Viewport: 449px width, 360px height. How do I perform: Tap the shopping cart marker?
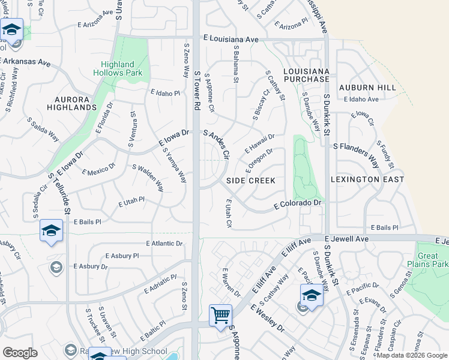point(220,315)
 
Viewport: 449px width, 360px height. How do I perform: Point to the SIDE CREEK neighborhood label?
point(251,181)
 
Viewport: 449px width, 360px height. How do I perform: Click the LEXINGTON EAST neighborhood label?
point(367,179)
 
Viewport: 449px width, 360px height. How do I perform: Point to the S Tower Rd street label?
point(197,89)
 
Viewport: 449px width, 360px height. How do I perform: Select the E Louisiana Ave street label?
point(231,39)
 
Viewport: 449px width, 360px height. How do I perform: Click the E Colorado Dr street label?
point(298,205)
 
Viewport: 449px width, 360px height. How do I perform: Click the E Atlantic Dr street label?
point(164,244)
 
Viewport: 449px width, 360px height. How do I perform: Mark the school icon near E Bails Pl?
point(52,230)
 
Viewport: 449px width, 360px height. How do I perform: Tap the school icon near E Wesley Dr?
point(312,295)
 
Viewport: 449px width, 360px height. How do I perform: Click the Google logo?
point(20,352)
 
